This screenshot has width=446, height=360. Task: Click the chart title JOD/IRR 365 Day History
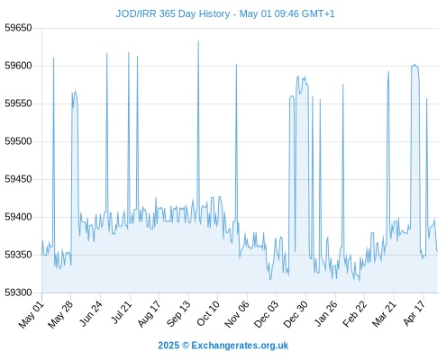coord(173,13)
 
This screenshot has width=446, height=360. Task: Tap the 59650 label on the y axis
coord(18,28)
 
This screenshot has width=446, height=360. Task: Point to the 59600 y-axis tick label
coord(18,66)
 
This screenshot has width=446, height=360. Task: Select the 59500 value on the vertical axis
coord(18,141)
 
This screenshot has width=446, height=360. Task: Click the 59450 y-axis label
coord(18,179)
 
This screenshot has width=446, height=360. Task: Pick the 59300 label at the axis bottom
coord(18,292)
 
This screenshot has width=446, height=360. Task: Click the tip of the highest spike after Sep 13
coord(198,41)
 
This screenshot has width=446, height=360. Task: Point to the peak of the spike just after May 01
coord(53,58)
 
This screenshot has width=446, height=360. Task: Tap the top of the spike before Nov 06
coord(236,65)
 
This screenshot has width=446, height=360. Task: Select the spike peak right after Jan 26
coord(342,85)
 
